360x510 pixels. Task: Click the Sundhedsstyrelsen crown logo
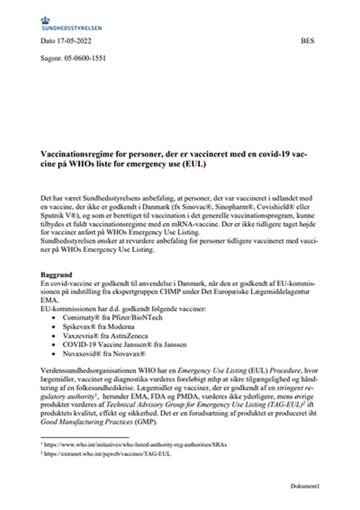click(46, 20)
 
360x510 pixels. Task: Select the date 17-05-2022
click(74, 41)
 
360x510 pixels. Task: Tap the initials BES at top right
click(307, 41)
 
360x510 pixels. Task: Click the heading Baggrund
click(56, 275)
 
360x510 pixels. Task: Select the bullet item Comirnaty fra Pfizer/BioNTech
click(112, 317)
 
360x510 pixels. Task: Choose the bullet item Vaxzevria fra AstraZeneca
click(105, 335)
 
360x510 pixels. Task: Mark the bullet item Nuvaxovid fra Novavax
click(104, 353)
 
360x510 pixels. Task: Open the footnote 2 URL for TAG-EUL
click(107, 453)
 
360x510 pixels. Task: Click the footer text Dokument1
click(304, 486)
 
